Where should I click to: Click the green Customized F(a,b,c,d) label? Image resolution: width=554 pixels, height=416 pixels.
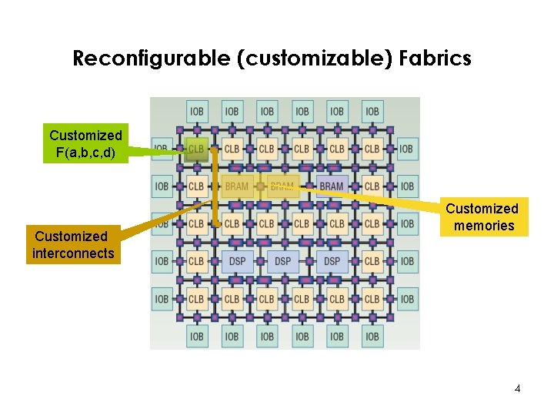click(x=85, y=144)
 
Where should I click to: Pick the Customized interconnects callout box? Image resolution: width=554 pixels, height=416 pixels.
click(x=73, y=245)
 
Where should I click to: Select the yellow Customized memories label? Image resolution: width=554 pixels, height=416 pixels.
click(x=483, y=217)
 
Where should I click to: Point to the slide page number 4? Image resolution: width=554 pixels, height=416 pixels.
click(x=517, y=388)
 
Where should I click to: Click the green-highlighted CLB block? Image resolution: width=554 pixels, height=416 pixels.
click(x=196, y=149)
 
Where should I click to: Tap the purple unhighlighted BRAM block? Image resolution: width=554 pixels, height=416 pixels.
click(x=331, y=186)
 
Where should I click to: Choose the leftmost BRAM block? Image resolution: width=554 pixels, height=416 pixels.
click(x=237, y=186)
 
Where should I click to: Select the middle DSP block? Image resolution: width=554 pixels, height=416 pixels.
click(x=283, y=261)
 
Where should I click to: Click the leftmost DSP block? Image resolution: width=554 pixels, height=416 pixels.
click(x=237, y=261)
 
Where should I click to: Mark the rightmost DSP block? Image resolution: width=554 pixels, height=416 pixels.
click(x=331, y=261)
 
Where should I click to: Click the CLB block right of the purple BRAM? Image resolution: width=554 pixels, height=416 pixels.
click(x=372, y=186)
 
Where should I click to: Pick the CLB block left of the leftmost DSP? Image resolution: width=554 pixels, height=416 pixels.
click(x=196, y=261)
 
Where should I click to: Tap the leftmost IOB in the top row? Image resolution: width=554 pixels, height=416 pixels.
click(x=196, y=111)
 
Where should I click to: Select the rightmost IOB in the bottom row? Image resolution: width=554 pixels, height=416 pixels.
click(x=372, y=336)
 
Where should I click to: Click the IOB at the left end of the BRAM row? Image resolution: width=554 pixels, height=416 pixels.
click(x=162, y=186)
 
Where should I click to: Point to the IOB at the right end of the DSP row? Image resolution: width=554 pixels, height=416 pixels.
click(x=406, y=261)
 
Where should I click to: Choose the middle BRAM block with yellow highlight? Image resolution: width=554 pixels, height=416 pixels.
click(x=282, y=186)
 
